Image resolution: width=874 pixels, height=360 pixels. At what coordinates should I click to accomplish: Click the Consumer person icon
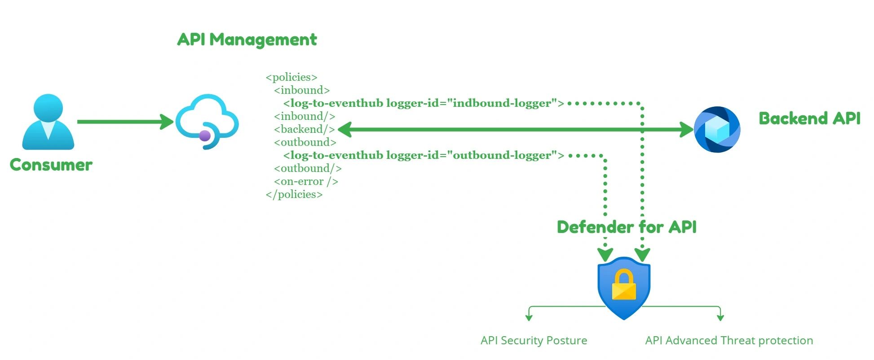[48, 122]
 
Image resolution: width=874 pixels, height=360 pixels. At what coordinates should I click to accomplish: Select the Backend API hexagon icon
[717, 129]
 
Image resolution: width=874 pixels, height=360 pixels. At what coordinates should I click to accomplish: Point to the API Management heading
[247, 40]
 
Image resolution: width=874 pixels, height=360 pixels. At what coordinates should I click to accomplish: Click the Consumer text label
[51, 165]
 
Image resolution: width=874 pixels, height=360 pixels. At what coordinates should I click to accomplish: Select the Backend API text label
[809, 119]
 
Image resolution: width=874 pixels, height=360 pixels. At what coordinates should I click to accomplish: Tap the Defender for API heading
[627, 227]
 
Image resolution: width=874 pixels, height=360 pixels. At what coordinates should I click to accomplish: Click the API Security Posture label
[534, 341]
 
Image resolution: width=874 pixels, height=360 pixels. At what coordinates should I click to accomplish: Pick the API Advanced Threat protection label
[729, 341]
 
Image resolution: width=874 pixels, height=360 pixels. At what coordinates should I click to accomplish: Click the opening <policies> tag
[291, 77]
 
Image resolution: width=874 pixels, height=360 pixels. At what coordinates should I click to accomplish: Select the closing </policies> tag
[294, 194]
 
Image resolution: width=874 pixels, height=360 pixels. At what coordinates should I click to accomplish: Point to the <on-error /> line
[306, 181]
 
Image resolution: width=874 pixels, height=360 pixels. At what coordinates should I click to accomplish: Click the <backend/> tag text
[305, 129]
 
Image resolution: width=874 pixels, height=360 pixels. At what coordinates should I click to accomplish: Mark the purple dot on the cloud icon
[205, 136]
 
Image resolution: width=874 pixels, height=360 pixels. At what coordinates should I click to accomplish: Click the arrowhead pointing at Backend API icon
[687, 130]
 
